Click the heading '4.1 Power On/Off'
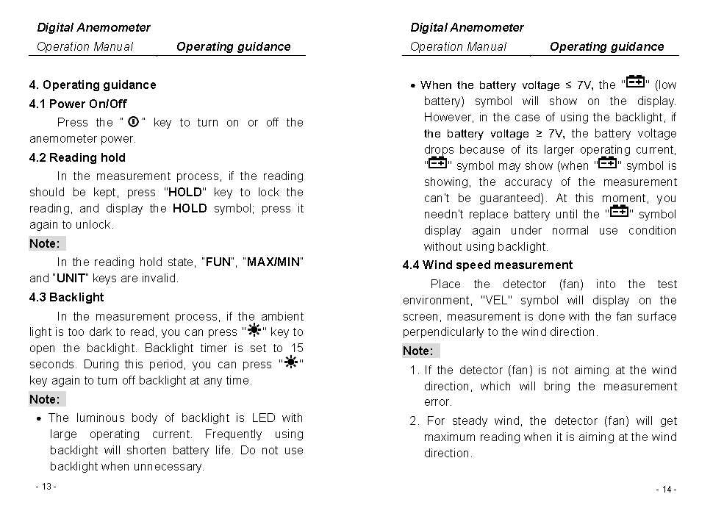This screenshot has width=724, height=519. [x=78, y=104]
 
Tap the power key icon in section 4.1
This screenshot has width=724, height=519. [x=134, y=122]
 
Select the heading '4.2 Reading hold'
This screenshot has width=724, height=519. [x=77, y=157]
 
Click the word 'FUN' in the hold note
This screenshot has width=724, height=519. [x=218, y=262]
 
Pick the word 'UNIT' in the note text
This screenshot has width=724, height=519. [x=71, y=278]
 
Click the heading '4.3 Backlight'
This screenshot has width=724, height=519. [x=67, y=297]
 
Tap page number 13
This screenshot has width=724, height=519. [x=46, y=487]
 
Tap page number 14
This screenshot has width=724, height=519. [x=666, y=490]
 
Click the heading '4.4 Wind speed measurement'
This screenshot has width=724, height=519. [x=487, y=265]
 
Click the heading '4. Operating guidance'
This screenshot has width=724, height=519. [x=93, y=85]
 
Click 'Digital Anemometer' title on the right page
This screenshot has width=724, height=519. [x=467, y=27]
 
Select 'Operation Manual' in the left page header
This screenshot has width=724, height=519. [x=85, y=46]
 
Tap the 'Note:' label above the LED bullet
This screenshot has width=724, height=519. [x=45, y=399]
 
